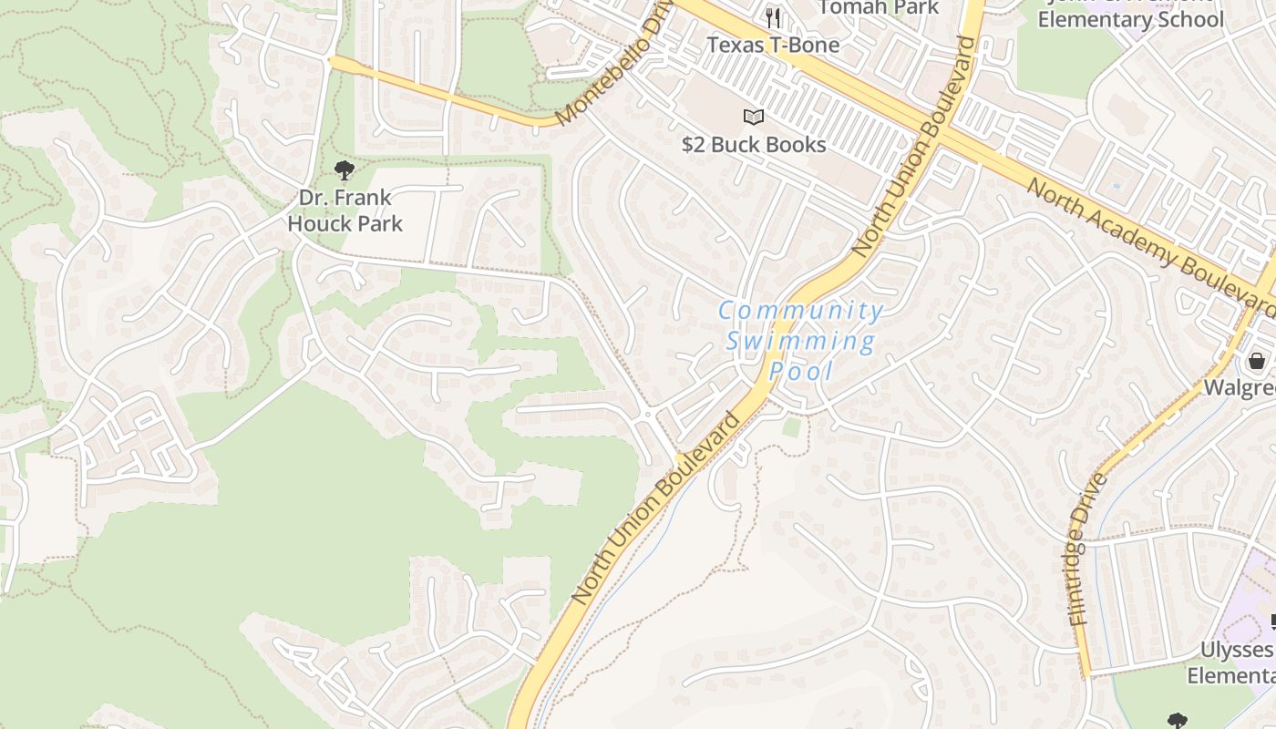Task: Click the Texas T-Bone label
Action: tap(773, 44)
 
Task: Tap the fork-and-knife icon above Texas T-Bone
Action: tap(774, 17)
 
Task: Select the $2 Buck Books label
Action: tap(754, 144)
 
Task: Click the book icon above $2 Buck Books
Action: tap(753, 117)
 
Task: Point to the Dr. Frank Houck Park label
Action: tap(345, 210)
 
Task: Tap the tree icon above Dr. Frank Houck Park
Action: tap(344, 169)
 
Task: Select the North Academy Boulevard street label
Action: tap(1150, 241)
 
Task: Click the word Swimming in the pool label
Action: tap(800, 342)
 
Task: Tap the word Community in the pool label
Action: tap(800, 311)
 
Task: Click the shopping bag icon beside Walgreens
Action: tap(1257, 361)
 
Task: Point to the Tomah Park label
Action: tap(878, 7)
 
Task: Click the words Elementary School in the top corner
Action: tap(1130, 19)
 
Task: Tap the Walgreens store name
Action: tap(1240, 387)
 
